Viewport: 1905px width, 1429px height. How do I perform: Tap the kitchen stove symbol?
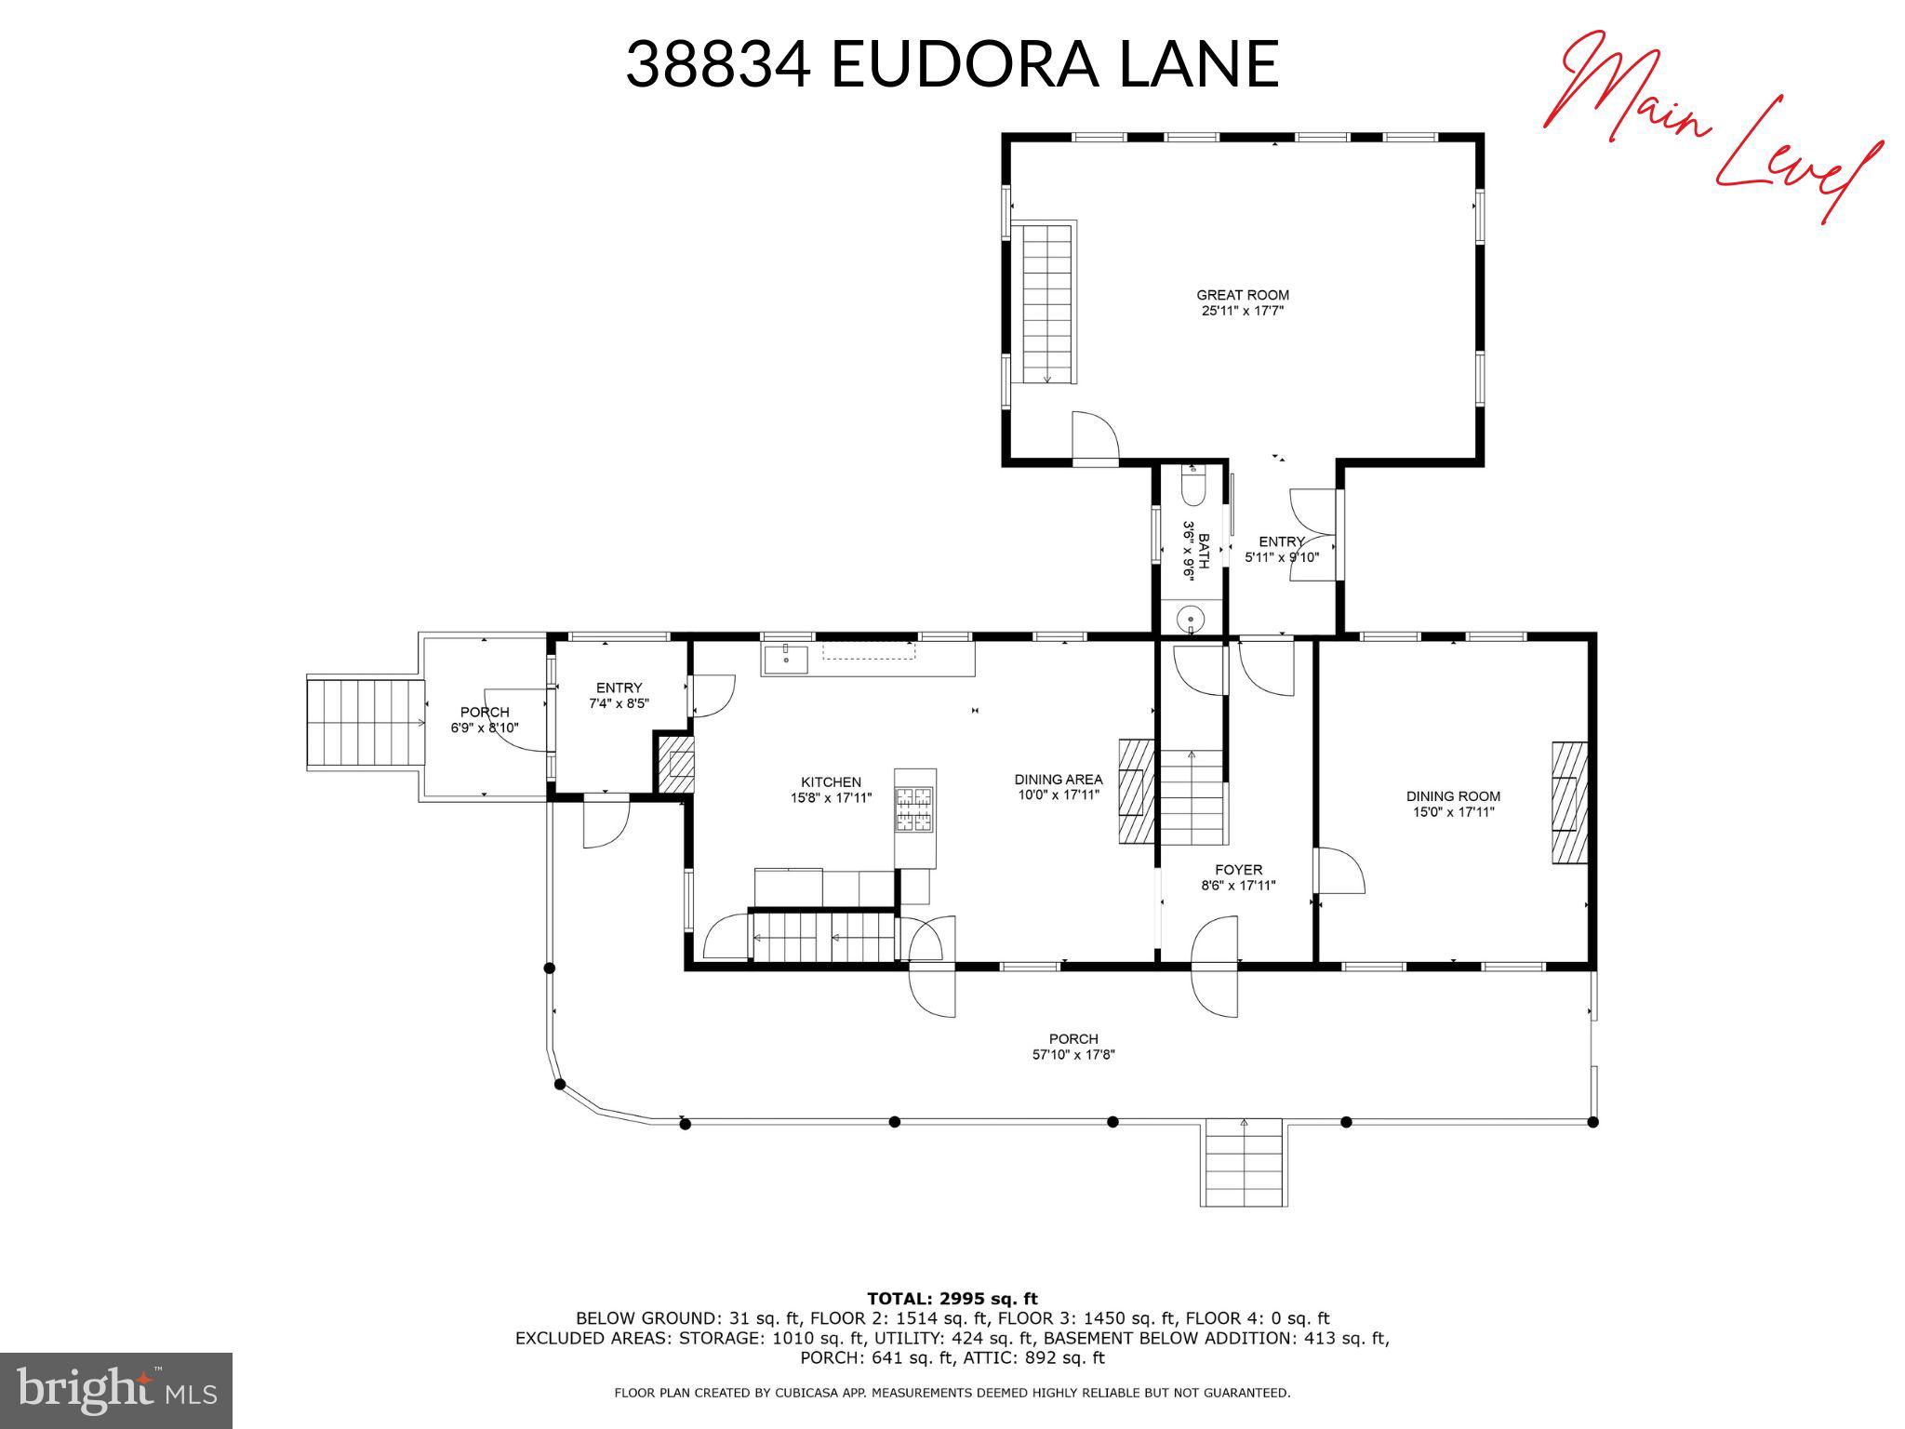pos(913,808)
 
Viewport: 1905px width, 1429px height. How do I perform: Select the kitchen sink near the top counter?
pos(787,659)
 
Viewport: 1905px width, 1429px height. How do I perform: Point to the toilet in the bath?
pos(1192,487)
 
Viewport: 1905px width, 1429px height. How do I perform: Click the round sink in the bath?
pos(1191,619)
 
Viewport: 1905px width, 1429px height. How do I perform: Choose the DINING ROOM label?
pos(1453,796)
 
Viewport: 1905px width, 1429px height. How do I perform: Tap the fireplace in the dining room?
pos(1568,803)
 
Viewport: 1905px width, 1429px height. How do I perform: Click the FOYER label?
pos(1238,870)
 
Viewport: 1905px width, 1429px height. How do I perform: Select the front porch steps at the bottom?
pos(1244,1163)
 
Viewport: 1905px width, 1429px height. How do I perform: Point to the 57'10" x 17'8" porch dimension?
pos(1073,1055)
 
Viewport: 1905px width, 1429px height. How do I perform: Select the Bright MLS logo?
pos(116,1390)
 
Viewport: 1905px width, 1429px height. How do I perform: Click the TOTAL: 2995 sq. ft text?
pos(952,1299)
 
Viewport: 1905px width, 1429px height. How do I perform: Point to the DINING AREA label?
pos(1058,780)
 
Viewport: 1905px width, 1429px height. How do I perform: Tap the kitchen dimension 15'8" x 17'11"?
pos(831,797)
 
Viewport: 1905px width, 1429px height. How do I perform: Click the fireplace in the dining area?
pos(1136,791)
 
